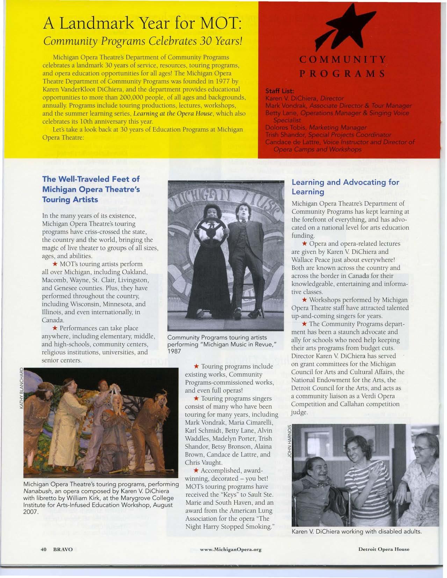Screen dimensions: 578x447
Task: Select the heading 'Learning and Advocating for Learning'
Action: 345,187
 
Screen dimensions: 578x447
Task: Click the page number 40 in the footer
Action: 44,549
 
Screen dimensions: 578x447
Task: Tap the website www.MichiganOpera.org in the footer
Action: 231,549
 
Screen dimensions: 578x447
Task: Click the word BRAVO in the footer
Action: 63,549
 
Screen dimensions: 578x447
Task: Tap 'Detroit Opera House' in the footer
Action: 384,549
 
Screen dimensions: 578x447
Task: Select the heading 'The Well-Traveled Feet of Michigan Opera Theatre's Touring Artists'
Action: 91,189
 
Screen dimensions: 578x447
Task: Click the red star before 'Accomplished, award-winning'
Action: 196,470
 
